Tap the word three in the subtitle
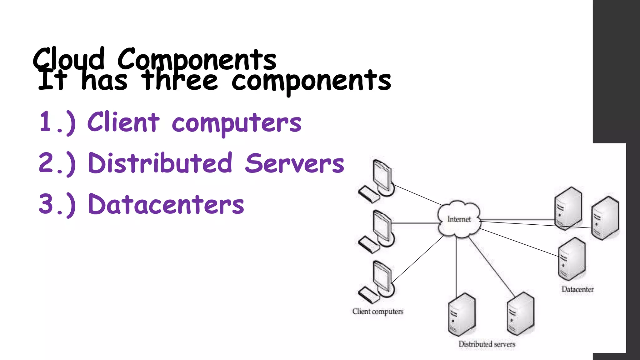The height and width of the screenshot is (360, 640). pos(179,81)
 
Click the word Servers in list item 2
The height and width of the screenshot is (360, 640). pos(294,163)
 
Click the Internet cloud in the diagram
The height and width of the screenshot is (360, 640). pos(459,219)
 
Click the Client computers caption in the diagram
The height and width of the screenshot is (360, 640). pos(377,311)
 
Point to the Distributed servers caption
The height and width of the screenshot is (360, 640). pos(487,344)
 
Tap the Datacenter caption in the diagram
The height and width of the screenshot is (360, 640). pos(577,289)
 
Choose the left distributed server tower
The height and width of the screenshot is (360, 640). pos(462,314)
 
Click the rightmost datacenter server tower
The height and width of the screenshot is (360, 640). pos(605,217)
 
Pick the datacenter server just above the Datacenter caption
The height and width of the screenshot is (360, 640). pos(572,259)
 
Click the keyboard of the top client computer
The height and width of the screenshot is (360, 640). pos(368,194)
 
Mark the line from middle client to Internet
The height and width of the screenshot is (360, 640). pos(416,223)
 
